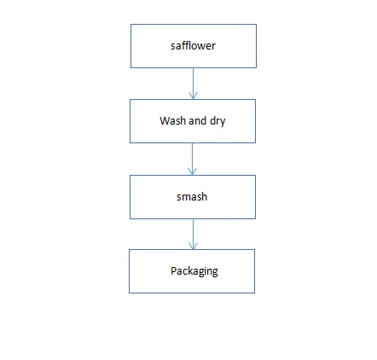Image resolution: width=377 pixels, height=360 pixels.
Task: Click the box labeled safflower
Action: point(194,46)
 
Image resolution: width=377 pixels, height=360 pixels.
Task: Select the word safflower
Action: point(193,46)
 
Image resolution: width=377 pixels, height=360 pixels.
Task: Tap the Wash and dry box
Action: point(193,121)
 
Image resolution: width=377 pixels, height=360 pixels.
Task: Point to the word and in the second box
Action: point(198,120)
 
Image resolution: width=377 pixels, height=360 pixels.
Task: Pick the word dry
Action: point(217,121)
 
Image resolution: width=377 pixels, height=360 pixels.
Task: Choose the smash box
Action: point(193,197)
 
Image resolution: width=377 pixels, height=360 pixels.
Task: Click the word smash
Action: point(192,197)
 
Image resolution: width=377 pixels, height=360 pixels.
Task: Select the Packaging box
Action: point(192,271)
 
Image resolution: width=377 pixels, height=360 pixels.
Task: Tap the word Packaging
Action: point(194,271)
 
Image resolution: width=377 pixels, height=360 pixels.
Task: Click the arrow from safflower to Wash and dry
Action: point(193,84)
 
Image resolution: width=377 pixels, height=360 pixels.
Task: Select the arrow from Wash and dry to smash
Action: point(192,159)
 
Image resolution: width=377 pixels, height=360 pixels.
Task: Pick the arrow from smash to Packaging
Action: point(193,235)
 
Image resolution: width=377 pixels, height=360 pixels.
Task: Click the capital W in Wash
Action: point(165,120)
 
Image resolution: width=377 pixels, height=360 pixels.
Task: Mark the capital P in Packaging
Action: point(173,270)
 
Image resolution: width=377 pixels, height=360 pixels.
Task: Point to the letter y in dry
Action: point(223,123)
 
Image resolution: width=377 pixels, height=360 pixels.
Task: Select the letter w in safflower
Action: point(201,47)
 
